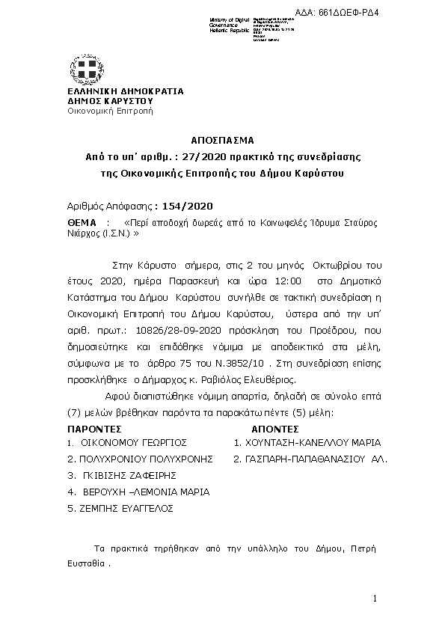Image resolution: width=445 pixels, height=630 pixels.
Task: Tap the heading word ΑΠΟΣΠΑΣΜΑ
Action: pyautogui.click(x=222, y=140)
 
